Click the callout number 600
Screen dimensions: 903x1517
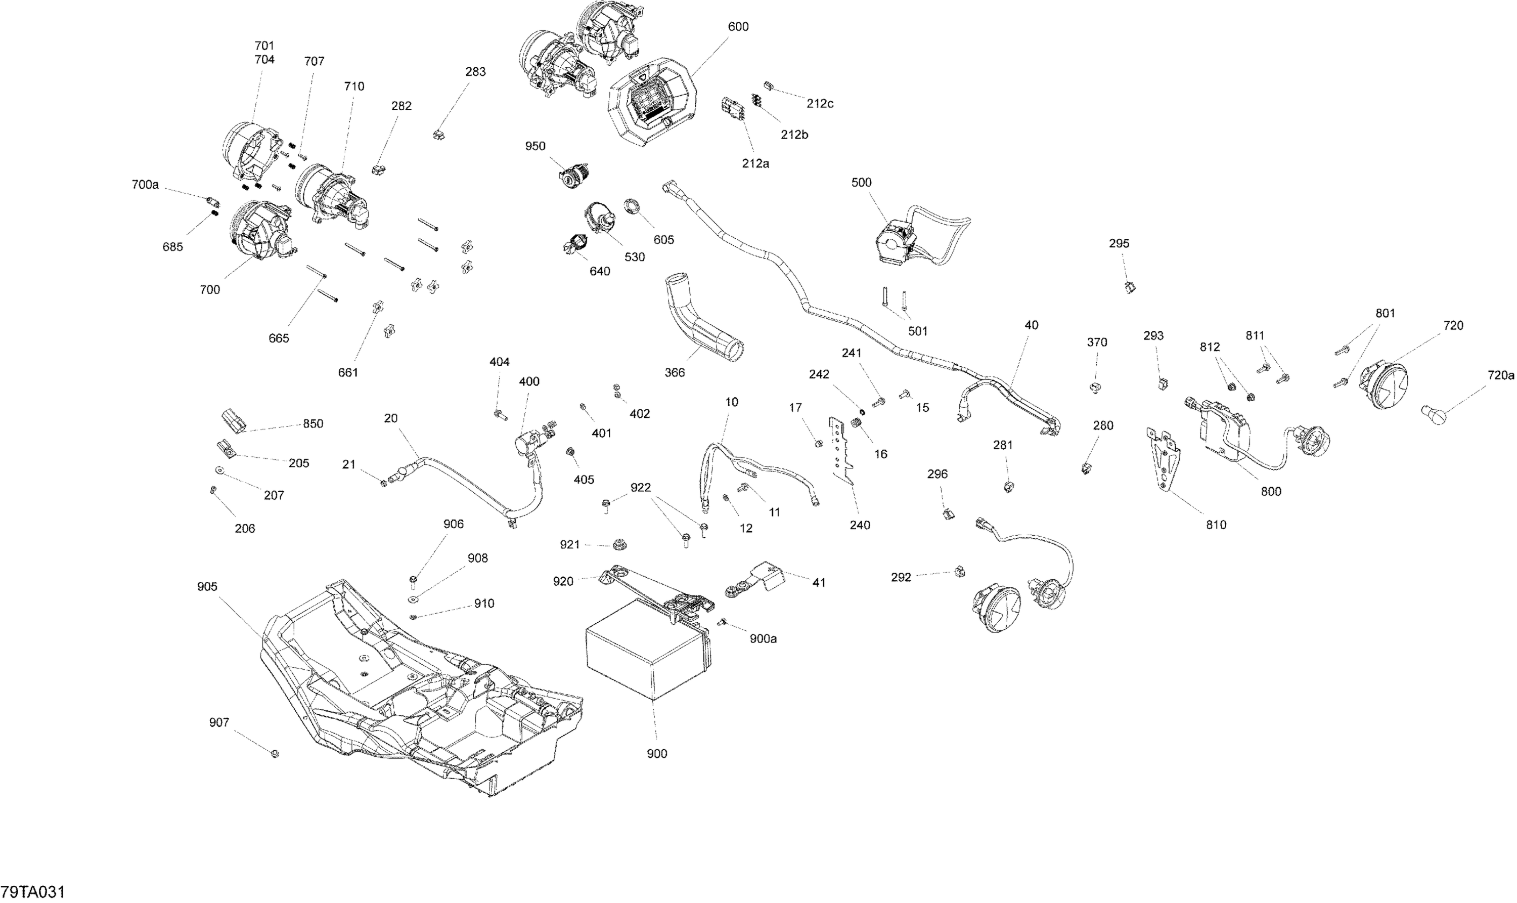[738, 27]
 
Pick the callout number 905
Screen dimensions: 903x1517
[207, 587]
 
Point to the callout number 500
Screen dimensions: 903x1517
[861, 183]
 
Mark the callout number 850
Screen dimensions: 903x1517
[313, 424]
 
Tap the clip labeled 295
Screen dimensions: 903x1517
[1131, 287]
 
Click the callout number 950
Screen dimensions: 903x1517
[536, 146]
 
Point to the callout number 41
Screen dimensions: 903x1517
[819, 582]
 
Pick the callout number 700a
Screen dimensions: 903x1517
[145, 184]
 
